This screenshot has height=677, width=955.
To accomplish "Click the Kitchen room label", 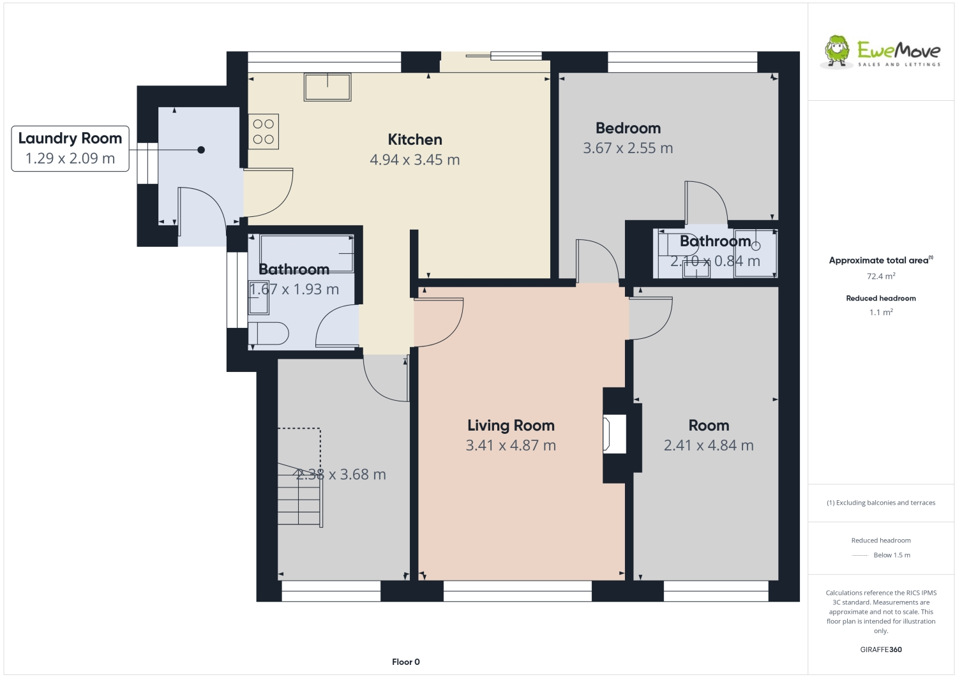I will pyautogui.click(x=415, y=140).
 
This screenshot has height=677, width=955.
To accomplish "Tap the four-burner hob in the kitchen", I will pyautogui.click(x=264, y=131).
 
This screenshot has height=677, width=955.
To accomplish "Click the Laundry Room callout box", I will pyautogui.click(x=70, y=149).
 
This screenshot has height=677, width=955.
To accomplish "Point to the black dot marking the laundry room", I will pyautogui.click(x=201, y=150).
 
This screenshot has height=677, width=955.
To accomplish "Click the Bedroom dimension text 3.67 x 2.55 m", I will pyautogui.click(x=628, y=148).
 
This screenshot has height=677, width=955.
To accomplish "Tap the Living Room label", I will pyautogui.click(x=511, y=426).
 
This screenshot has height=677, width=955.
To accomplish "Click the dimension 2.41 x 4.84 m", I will pyautogui.click(x=709, y=445).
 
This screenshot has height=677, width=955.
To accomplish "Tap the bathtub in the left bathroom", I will pyautogui.click(x=307, y=253).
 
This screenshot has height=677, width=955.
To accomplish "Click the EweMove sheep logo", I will pyautogui.click(x=837, y=51).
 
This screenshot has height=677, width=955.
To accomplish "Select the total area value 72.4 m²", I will pyautogui.click(x=881, y=276).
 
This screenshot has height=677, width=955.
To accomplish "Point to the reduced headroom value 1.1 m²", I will pyautogui.click(x=881, y=312).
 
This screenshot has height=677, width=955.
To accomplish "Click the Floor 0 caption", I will pyautogui.click(x=406, y=662).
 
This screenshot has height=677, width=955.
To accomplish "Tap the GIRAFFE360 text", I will pyautogui.click(x=881, y=650).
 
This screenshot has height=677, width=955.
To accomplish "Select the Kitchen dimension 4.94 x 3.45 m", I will pyautogui.click(x=415, y=160).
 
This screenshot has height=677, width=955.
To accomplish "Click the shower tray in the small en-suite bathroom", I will pyautogui.click(x=755, y=253).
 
